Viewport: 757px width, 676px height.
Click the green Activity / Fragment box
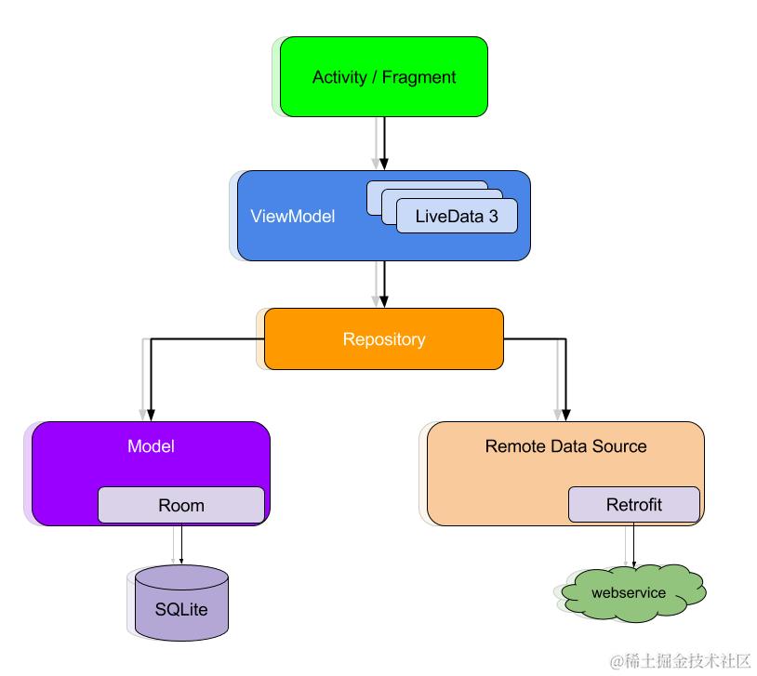[x=383, y=77]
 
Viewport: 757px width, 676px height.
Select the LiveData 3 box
[x=457, y=216]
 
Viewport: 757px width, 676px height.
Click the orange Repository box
[x=383, y=339]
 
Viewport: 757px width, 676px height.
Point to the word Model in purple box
[x=151, y=446]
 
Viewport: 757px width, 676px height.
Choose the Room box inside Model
[x=180, y=506]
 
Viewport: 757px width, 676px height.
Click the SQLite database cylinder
[x=181, y=604]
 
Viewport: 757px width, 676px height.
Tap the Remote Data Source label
[x=565, y=446]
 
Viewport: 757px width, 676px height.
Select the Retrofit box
[x=633, y=505]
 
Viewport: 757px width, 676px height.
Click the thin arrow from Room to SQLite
[x=181, y=544]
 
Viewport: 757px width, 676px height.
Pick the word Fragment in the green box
[x=418, y=77]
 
